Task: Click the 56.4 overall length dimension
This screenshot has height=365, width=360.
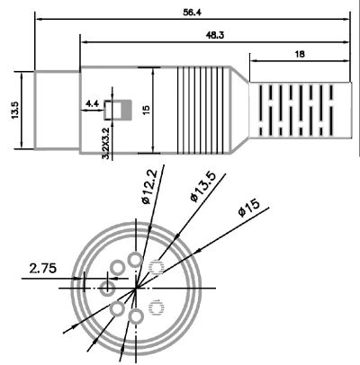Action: [193, 13]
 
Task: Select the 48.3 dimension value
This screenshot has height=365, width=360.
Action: [215, 35]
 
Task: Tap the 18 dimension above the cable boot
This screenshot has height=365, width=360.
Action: [300, 54]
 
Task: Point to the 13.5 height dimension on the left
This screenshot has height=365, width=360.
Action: [15, 111]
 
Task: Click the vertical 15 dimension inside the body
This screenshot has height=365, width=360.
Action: [147, 110]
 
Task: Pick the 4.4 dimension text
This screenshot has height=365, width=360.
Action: [92, 104]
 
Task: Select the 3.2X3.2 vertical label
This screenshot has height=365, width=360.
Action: [105, 143]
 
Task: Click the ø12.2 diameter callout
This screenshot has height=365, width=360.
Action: [149, 187]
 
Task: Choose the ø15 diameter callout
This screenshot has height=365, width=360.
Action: [248, 208]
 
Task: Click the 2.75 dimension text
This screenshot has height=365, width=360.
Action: [43, 268]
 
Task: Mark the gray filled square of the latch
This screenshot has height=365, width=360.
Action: [127, 110]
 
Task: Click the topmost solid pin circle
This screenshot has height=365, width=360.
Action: [135, 260]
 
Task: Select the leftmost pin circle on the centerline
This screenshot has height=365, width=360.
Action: [107, 289]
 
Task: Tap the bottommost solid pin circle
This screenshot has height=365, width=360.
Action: [136, 316]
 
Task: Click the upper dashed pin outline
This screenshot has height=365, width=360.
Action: [156, 267]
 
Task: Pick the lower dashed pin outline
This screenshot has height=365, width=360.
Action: [156, 308]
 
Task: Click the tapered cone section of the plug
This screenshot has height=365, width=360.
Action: [240, 110]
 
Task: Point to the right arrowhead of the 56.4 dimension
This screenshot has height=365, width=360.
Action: [346, 19]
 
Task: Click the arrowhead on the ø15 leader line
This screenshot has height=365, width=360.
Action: [199, 251]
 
